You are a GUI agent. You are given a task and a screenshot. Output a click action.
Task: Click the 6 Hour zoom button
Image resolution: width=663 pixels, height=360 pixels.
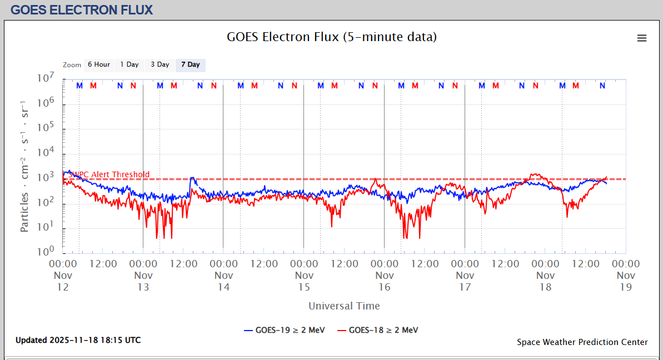tap(98, 65)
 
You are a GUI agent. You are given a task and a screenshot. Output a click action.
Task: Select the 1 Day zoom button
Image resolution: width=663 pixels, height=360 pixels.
tap(129, 65)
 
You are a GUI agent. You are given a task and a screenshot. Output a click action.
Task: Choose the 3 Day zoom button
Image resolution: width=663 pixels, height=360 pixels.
tap(160, 65)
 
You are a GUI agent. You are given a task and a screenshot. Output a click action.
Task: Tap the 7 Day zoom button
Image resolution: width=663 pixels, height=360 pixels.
tap(190, 65)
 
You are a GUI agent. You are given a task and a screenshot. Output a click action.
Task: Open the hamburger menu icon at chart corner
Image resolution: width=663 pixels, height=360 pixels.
tap(642, 38)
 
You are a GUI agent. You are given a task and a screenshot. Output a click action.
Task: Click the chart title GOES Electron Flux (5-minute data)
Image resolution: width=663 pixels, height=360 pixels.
tap(332, 37)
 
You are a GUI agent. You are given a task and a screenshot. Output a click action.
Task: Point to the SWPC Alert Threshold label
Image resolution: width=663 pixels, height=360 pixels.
tap(109, 174)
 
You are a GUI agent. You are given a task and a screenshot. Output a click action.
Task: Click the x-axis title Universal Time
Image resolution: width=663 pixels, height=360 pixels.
tap(344, 306)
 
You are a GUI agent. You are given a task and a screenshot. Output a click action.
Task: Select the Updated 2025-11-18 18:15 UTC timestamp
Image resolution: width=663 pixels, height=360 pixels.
tap(78, 340)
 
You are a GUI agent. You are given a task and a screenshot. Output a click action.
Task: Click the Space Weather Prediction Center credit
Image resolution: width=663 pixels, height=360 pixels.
tap(582, 342)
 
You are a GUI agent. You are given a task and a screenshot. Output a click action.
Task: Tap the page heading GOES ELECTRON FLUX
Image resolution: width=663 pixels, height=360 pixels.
tap(82, 10)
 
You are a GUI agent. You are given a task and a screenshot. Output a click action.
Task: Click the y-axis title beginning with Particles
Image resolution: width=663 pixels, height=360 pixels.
tap(25, 167)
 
